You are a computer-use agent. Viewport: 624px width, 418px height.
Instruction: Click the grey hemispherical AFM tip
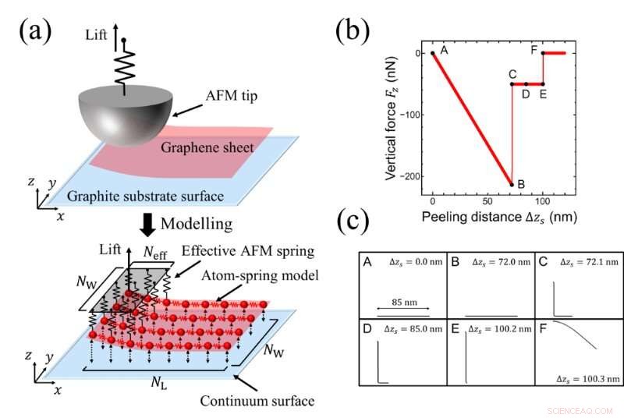124,117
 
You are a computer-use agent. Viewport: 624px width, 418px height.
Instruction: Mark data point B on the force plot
512,185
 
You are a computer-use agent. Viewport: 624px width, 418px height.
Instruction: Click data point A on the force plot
433,53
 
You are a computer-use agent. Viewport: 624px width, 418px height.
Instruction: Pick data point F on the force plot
543,53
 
